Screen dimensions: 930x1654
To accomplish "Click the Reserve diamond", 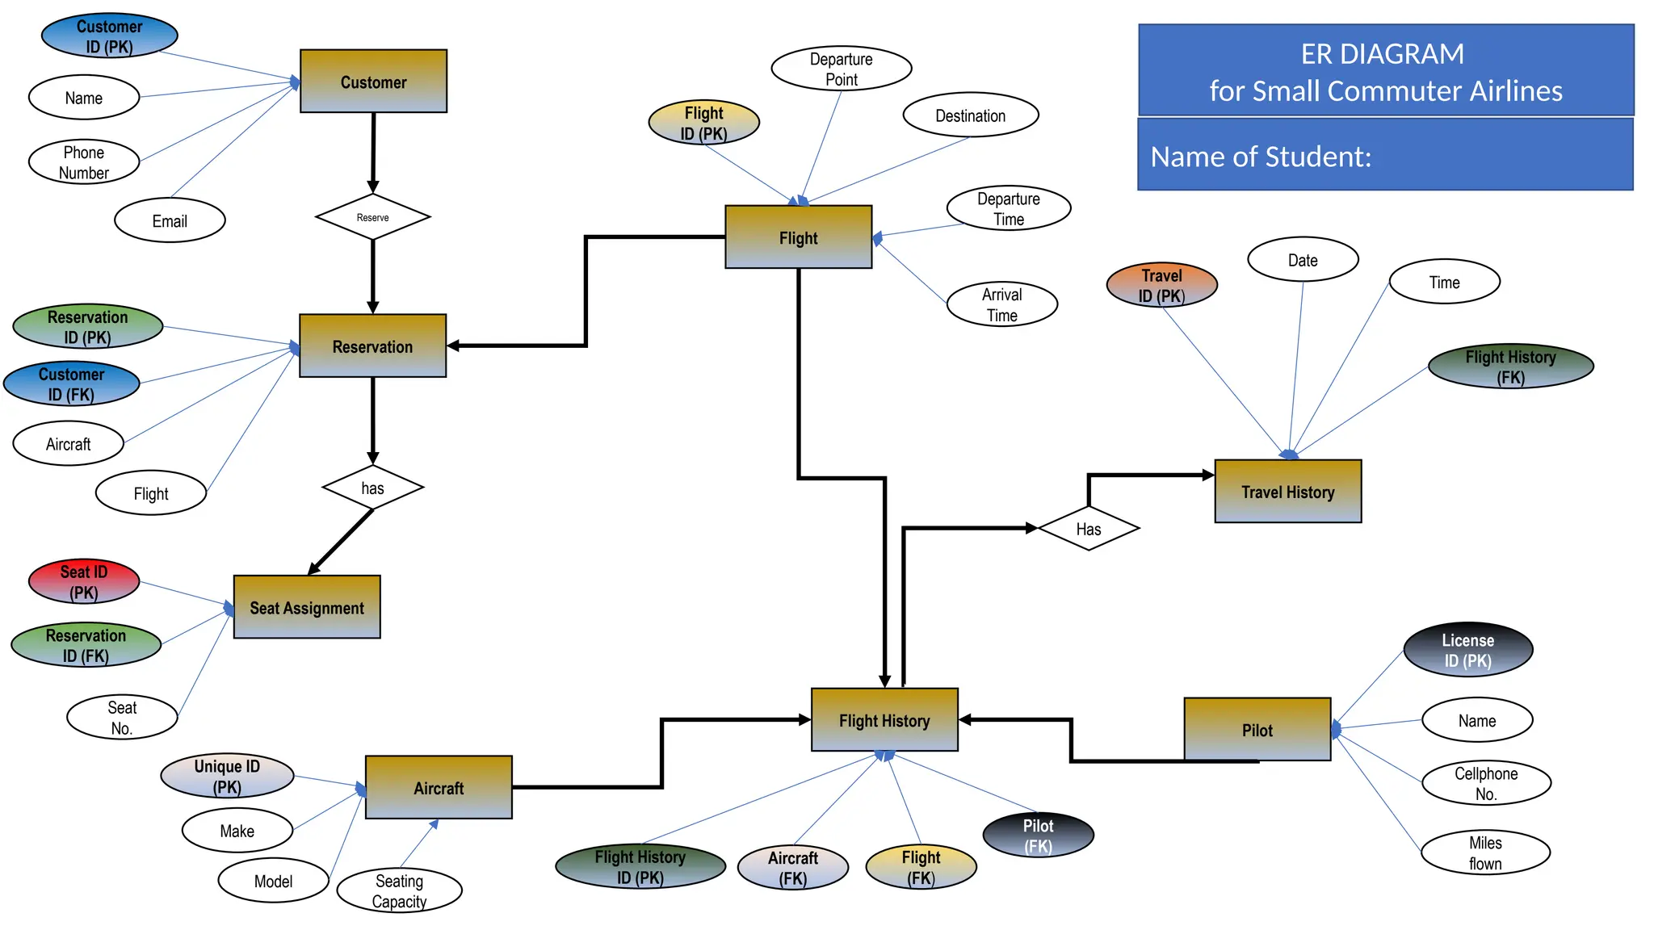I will pyautogui.click(x=372, y=217).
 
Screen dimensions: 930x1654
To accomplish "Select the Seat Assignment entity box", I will pyautogui.click(x=307, y=607).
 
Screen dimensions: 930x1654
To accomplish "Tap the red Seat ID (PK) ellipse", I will pyautogui.click(x=84, y=582).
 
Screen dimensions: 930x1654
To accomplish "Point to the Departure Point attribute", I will pyautogui.click(x=841, y=69).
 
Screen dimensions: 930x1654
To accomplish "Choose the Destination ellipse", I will pyautogui.click(x=970, y=115).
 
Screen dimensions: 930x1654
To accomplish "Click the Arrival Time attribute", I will pyautogui.click(x=1001, y=304).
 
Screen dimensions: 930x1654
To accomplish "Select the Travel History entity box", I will pyautogui.click(x=1287, y=492).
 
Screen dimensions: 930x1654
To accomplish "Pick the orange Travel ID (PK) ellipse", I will pyautogui.click(x=1161, y=285).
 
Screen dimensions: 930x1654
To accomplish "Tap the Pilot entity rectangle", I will pyautogui.click(x=1257, y=730).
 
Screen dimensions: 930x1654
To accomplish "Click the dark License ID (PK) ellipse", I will pyautogui.click(x=1467, y=650).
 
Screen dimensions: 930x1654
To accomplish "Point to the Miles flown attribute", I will pyautogui.click(x=1485, y=852).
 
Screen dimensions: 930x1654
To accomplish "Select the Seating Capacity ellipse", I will pyautogui.click(x=399, y=890).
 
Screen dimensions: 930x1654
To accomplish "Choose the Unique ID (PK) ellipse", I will pyautogui.click(x=227, y=776).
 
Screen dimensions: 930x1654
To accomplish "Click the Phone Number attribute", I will pyautogui.click(x=84, y=162).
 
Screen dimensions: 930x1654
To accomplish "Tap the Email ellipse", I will pyautogui.click(x=170, y=220).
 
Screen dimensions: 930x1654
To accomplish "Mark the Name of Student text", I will pyautogui.click(x=1261, y=157).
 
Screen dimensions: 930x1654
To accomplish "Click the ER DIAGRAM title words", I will pyautogui.click(x=1382, y=54).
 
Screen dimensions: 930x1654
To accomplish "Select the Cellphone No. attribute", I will pyautogui.click(x=1486, y=783).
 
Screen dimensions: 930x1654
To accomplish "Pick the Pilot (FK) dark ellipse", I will pyautogui.click(x=1038, y=836).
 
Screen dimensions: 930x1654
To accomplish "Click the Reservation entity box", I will pyautogui.click(x=372, y=346).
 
